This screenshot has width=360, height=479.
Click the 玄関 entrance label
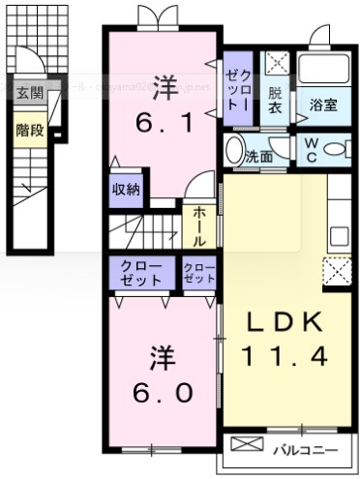coord(29,93)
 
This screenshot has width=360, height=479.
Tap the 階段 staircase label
coord(29,130)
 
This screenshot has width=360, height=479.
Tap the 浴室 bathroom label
coord(323,105)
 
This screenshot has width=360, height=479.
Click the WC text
coord(312,150)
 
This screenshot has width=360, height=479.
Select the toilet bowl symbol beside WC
coord(338,150)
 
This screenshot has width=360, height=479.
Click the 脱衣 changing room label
coord(276,102)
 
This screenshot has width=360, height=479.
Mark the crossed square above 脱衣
coord(276,65)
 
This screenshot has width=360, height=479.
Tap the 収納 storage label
coord(125,190)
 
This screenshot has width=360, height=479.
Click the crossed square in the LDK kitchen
coord(339,270)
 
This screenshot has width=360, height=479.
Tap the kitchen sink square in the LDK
coord(340,235)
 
